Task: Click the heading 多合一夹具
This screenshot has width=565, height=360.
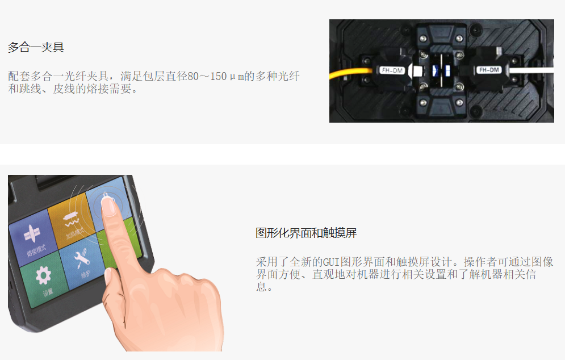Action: point(36,47)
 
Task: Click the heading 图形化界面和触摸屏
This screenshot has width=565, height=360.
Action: point(306,233)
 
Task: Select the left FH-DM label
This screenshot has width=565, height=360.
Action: point(392,70)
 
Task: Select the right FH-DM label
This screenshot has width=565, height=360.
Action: point(489,70)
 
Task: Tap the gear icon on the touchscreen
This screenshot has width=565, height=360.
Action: point(43,275)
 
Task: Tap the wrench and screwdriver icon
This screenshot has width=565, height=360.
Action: point(81,258)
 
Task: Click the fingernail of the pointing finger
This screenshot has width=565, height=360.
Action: point(108,207)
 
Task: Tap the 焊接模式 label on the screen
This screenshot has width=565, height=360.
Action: point(36,250)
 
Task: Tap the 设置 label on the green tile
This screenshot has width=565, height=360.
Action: point(48,292)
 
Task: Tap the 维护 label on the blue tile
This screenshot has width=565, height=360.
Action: point(86,275)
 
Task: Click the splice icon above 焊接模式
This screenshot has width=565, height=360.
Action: point(32,233)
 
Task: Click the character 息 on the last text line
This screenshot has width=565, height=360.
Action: point(261,287)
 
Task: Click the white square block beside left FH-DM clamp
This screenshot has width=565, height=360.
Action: point(417,70)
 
